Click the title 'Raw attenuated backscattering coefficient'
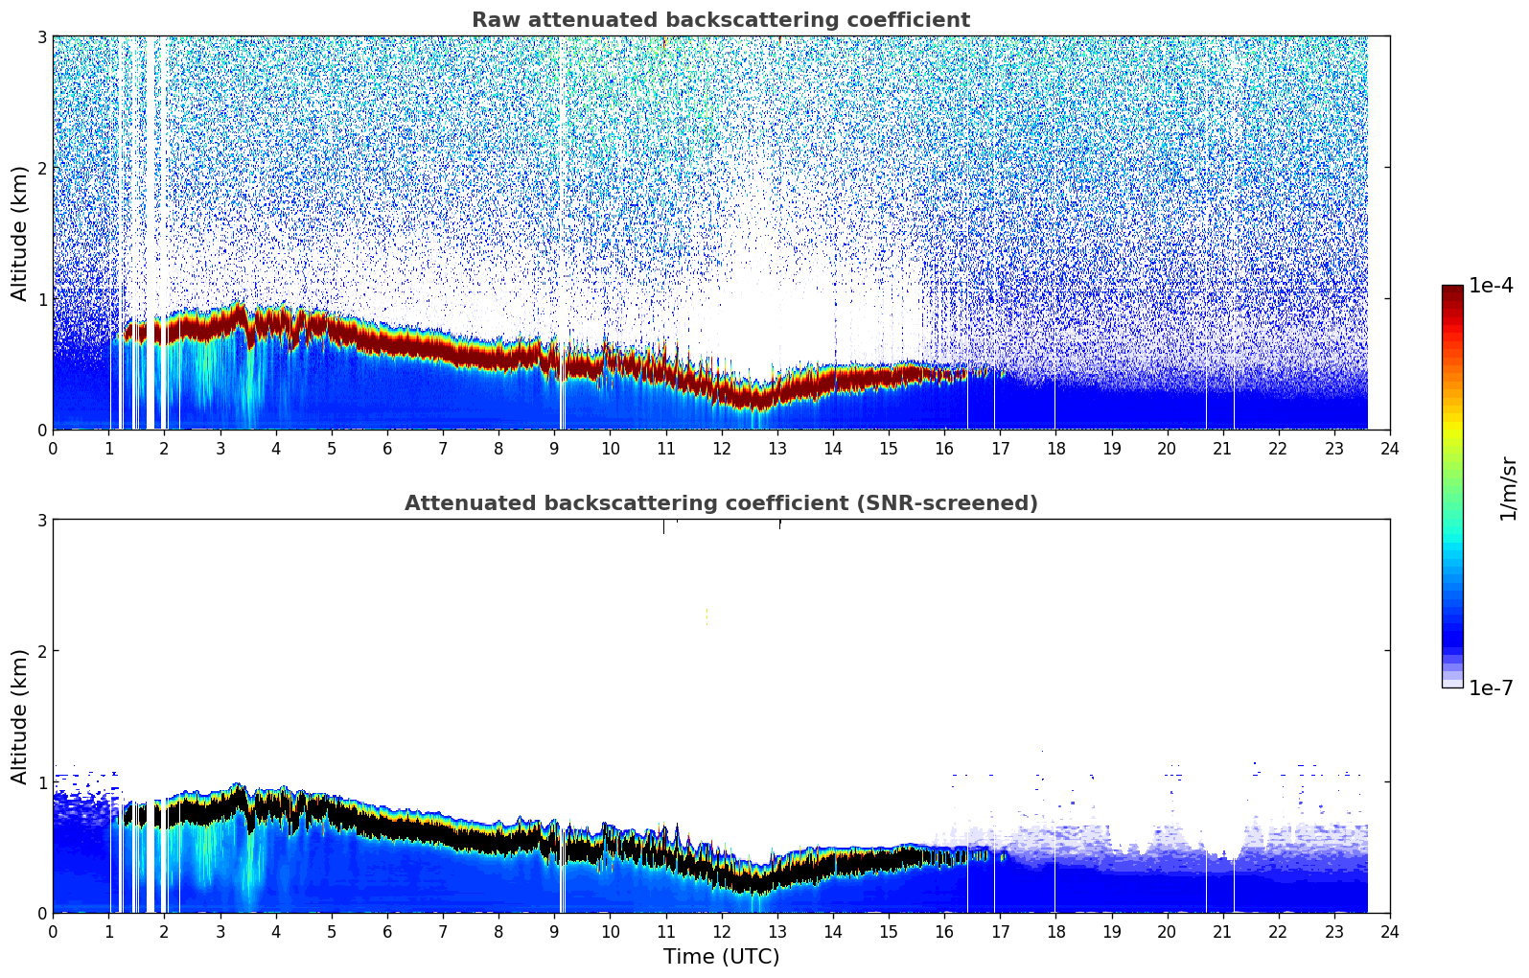coord(721,20)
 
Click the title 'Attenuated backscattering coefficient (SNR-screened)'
coord(721,503)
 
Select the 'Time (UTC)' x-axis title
coord(721,957)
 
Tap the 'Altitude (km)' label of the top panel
coord(19,233)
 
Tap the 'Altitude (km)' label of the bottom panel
coord(19,716)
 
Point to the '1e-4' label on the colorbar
coord(1491,286)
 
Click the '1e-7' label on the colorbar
coord(1491,688)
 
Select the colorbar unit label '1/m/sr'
coord(1508,488)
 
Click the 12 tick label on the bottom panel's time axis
coord(721,932)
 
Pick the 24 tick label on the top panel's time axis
coord(1389,449)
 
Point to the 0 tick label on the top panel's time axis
coord(53,449)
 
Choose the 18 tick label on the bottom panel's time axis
coord(1055,932)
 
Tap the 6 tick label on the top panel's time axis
coord(387,449)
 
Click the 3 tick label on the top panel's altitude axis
coord(41,36)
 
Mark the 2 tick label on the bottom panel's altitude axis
coord(41,651)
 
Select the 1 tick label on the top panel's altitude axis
coord(41,299)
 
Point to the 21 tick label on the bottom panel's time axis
coord(1222,932)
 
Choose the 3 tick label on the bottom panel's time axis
coord(220,932)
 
